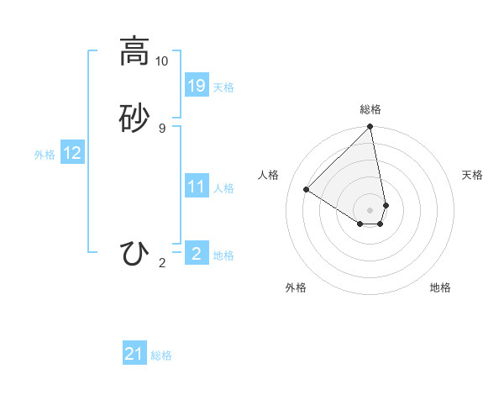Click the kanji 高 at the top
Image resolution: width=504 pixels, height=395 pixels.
pos(134,51)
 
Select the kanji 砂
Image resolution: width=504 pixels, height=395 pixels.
pos(134,118)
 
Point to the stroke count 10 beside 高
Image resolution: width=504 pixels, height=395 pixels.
pos(162,61)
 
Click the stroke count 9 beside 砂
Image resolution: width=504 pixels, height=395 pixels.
pos(162,129)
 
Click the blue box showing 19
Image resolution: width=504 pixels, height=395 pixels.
pos(197,85)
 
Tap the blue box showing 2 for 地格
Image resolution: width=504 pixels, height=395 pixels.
pos(197,253)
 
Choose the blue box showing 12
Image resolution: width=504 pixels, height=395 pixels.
pos(72,153)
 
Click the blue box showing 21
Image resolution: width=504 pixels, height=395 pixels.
pos(134,354)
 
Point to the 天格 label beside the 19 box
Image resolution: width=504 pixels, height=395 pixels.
pos(223,87)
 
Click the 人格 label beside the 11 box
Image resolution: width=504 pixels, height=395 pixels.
pos(223,188)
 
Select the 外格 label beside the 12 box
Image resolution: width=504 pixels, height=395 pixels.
pos(45,155)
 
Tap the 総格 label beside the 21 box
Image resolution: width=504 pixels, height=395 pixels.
pos(161,355)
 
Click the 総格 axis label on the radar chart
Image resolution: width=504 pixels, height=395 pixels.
pos(370,109)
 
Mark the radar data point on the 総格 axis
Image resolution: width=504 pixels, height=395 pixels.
pos(370,127)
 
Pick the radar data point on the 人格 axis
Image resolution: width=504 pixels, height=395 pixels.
pos(307,190)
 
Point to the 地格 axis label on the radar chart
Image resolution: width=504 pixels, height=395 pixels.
pos(440,287)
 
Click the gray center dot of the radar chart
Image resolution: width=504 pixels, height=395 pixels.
pos(370,209)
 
